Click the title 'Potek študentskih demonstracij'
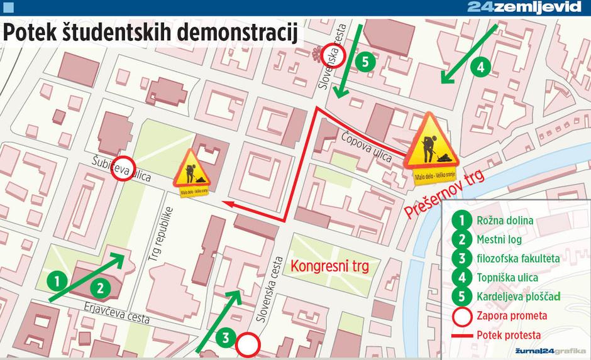150,33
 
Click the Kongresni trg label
329,266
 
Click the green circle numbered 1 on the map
57,280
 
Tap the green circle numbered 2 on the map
99,288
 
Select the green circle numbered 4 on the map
480,67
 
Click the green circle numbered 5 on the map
365,62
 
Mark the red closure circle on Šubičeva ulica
123,168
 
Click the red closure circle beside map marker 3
248,344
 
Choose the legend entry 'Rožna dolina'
505,221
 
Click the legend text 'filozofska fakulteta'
518,258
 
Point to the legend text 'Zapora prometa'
512,315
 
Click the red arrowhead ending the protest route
230,204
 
